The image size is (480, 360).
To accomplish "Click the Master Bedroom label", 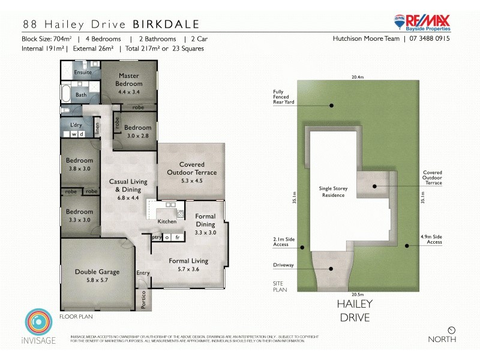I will [x=130, y=80].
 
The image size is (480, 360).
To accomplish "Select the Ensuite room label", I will [x=83, y=73].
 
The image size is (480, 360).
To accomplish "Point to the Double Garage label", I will [x=97, y=272].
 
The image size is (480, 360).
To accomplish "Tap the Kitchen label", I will [x=167, y=221].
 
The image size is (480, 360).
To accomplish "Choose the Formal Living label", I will [x=188, y=261].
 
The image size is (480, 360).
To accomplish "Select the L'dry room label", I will [x=76, y=125].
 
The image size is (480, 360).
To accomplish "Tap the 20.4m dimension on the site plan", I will [x=358, y=77].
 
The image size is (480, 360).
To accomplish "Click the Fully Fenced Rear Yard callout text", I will [x=281, y=97].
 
